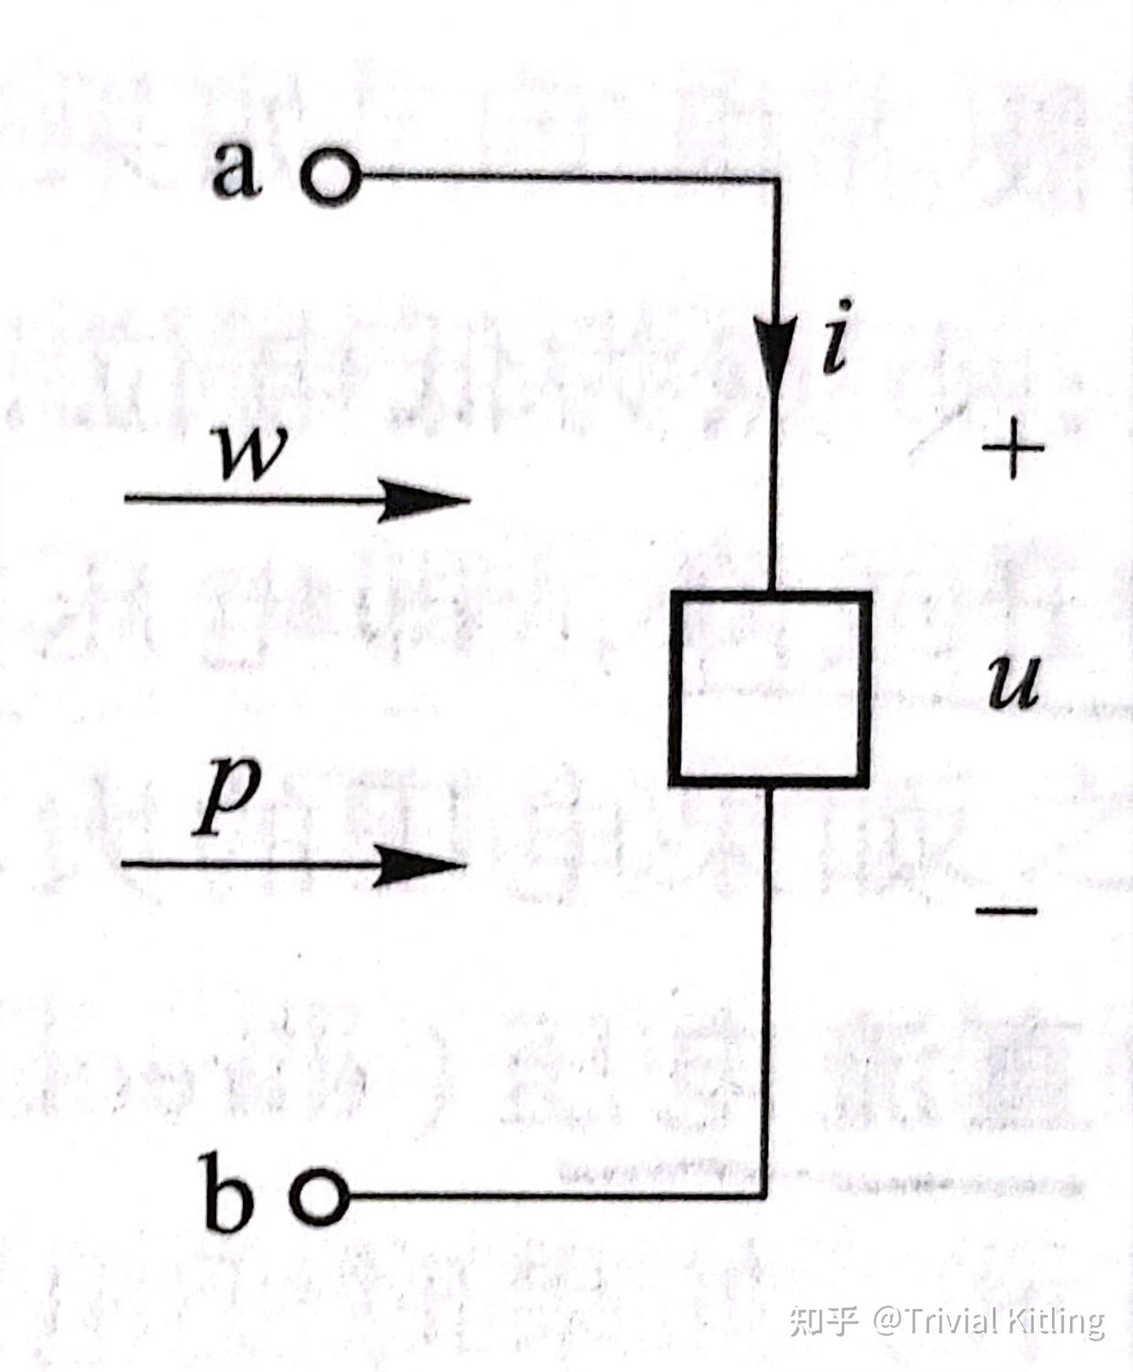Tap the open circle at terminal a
point(330,176)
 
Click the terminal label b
point(229,1193)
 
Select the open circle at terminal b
point(319,1197)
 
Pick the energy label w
point(252,454)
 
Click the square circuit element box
point(770,689)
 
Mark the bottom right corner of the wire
point(765,1196)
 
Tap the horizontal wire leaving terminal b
point(551,1197)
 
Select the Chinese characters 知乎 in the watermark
point(823,1321)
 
